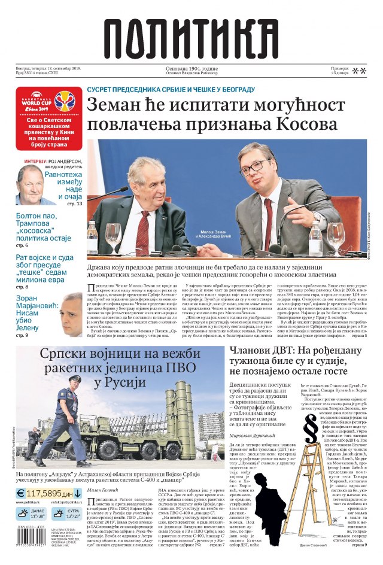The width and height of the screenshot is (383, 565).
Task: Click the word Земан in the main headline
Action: click(x=115, y=106)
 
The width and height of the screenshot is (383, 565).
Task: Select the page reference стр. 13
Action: click(x=74, y=204)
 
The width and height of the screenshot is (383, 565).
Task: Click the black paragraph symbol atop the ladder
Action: click(x=311, y=427)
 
